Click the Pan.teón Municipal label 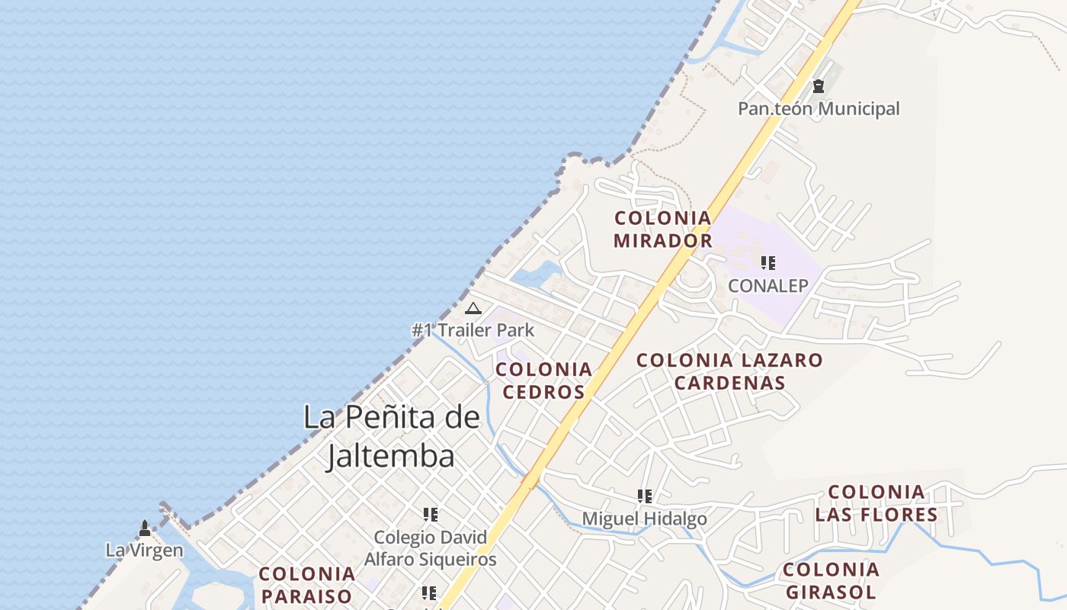[819, 109]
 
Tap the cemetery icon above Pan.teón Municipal [819, 87]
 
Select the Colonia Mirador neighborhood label [663, 230]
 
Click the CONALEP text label [767, 286]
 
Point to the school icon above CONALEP [768, 264]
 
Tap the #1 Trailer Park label [473, 330]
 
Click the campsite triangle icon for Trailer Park [473, 309]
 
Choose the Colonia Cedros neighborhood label [543, 380]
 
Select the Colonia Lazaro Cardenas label [729, 371]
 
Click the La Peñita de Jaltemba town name [392, 436]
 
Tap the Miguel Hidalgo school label [644, 519]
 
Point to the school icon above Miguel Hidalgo [645, 496]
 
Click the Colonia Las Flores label [876, 503]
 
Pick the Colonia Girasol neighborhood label [831, 580]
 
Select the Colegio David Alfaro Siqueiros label [430, 548]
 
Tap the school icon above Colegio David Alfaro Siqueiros [430, 515]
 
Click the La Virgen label [144, 550]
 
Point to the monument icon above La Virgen [144, 528]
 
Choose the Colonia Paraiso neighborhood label [306, 585]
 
